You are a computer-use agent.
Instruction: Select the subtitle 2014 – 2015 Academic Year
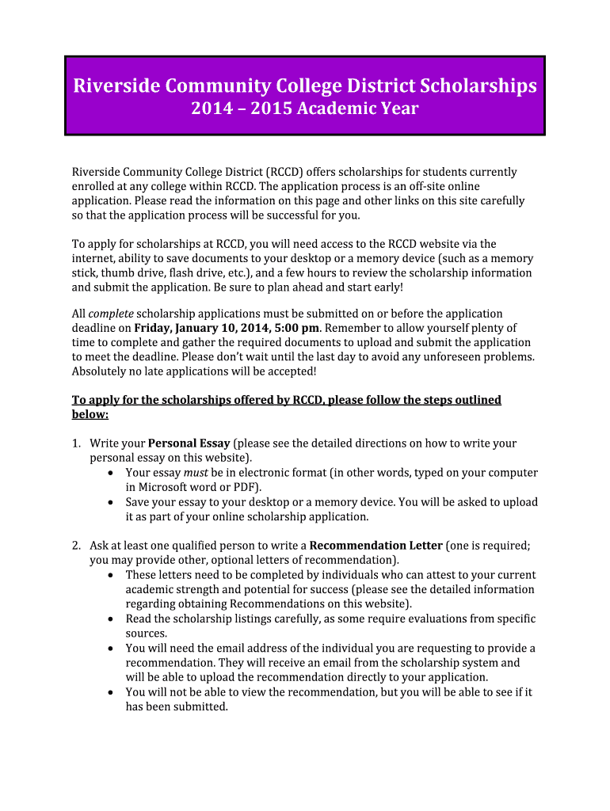pyautogui.click(x=304, y=109)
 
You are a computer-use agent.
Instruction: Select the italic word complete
pyautogui.click(x=110, y=314)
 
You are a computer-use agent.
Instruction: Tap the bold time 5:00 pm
pyautogui.click(x=297, y=329)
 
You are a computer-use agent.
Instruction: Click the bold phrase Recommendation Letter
pyautogui.click(x=376, y=546)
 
